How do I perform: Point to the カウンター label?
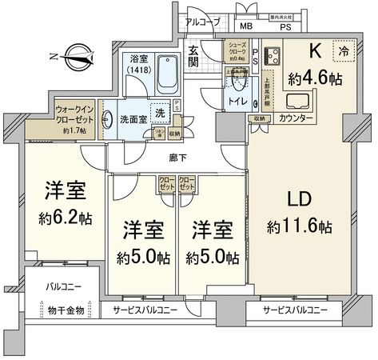(x=296, y=119)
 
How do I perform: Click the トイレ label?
(x=237, y=103)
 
